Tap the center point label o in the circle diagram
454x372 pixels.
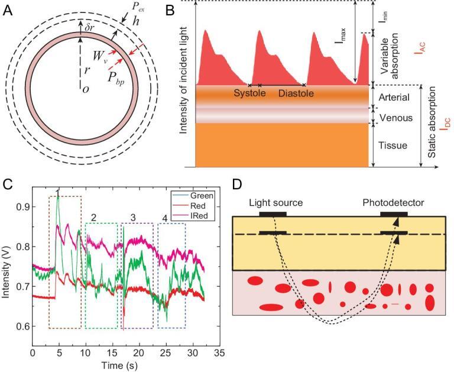[x=85, y=89]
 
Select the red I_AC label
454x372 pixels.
[x=418, y=50]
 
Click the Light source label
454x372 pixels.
[x=275, y=203]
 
